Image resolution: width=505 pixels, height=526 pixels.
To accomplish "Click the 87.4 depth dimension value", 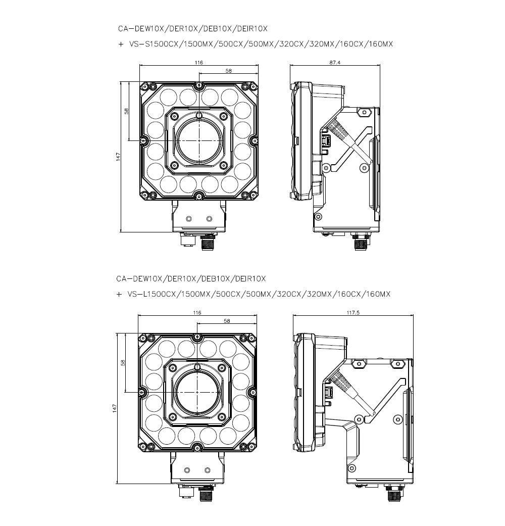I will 334,63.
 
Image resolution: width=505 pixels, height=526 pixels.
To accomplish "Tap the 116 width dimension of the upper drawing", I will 198,63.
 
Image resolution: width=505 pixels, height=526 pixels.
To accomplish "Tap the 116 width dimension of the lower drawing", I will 197,313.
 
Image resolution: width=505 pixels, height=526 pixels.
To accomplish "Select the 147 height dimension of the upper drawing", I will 118,157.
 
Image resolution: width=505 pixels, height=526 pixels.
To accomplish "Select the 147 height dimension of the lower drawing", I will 115,407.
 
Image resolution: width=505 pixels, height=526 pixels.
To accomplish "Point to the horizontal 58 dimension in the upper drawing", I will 228,71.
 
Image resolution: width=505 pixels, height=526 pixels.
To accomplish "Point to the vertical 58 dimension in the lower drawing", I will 123,362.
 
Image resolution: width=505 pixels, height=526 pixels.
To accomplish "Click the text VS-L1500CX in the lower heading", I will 148,294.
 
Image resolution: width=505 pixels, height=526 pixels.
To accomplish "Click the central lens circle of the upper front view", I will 199,139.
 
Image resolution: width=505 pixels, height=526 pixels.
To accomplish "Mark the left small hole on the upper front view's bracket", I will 189,218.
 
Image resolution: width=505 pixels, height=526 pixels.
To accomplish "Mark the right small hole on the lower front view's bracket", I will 207,470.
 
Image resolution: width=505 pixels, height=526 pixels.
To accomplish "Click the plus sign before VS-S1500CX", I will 121,44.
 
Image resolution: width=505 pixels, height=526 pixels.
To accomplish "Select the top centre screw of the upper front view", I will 199,84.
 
